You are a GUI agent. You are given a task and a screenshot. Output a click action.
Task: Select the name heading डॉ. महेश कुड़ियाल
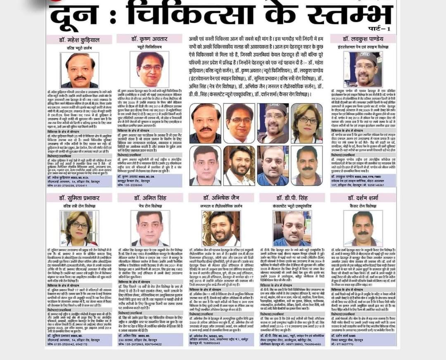79,40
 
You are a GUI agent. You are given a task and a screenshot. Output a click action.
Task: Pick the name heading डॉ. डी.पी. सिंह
291,198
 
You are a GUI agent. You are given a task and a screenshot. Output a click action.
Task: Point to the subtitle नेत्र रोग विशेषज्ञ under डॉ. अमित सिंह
149,206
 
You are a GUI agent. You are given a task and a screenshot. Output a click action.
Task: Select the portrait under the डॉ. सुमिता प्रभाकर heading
80,228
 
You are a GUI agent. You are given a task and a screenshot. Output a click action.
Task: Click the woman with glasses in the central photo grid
306,123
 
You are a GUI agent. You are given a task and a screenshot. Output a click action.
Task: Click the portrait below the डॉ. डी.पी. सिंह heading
292,228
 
